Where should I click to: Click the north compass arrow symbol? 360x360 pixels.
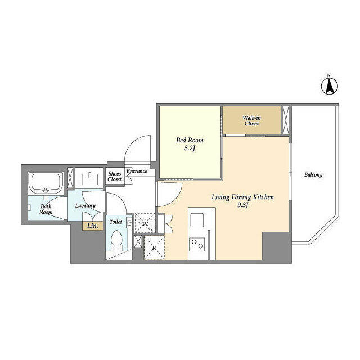pos(329,86)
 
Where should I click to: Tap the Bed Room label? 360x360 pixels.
pos(190,140)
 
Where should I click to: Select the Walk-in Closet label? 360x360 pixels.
pos(251,121)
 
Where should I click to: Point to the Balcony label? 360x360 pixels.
pos(313,175)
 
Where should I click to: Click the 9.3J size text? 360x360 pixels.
pos(242,205)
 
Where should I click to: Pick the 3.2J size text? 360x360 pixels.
pos(190,148)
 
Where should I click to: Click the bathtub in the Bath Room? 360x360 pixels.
pos(46,183)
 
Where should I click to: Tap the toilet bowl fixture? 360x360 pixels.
pos(116,240)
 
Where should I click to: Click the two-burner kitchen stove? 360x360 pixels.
pos(197,244)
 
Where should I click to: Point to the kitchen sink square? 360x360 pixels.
pos(197,220)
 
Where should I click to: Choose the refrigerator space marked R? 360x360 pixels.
pos(154,247)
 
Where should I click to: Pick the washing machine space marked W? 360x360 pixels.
pos(145,223)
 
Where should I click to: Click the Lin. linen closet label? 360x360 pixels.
pos(93,226)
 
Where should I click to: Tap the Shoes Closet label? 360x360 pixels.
pos(115,177)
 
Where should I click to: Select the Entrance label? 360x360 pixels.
pos(137,171)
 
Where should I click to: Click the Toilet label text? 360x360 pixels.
pos(116,222)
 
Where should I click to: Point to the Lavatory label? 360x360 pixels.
pos(85,206)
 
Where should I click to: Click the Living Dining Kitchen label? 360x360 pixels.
pos(242,197)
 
